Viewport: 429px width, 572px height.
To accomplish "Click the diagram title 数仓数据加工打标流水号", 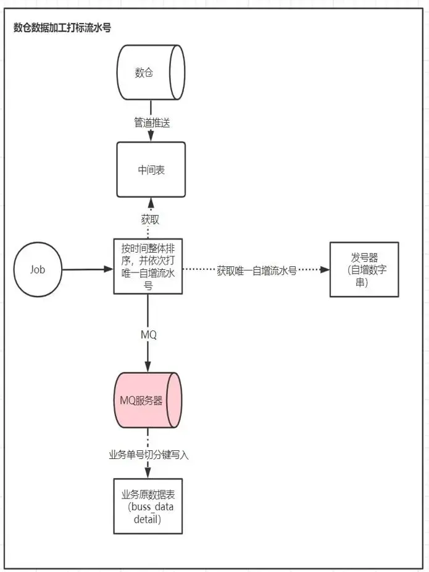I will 62,28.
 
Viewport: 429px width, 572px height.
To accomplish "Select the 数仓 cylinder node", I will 151,73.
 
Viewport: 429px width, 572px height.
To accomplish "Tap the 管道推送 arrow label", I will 152,123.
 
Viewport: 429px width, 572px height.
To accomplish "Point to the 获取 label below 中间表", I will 151,220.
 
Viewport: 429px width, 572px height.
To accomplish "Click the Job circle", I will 38,270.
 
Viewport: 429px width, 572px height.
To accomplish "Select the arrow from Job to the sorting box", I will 86,270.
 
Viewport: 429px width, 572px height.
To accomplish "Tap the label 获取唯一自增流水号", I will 257,271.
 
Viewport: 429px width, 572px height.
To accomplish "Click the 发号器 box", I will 365,269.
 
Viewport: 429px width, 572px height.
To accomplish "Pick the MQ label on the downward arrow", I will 149,335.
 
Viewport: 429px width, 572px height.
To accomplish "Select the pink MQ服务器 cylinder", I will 148,400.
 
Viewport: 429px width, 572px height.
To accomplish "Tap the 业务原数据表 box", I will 148,505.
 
